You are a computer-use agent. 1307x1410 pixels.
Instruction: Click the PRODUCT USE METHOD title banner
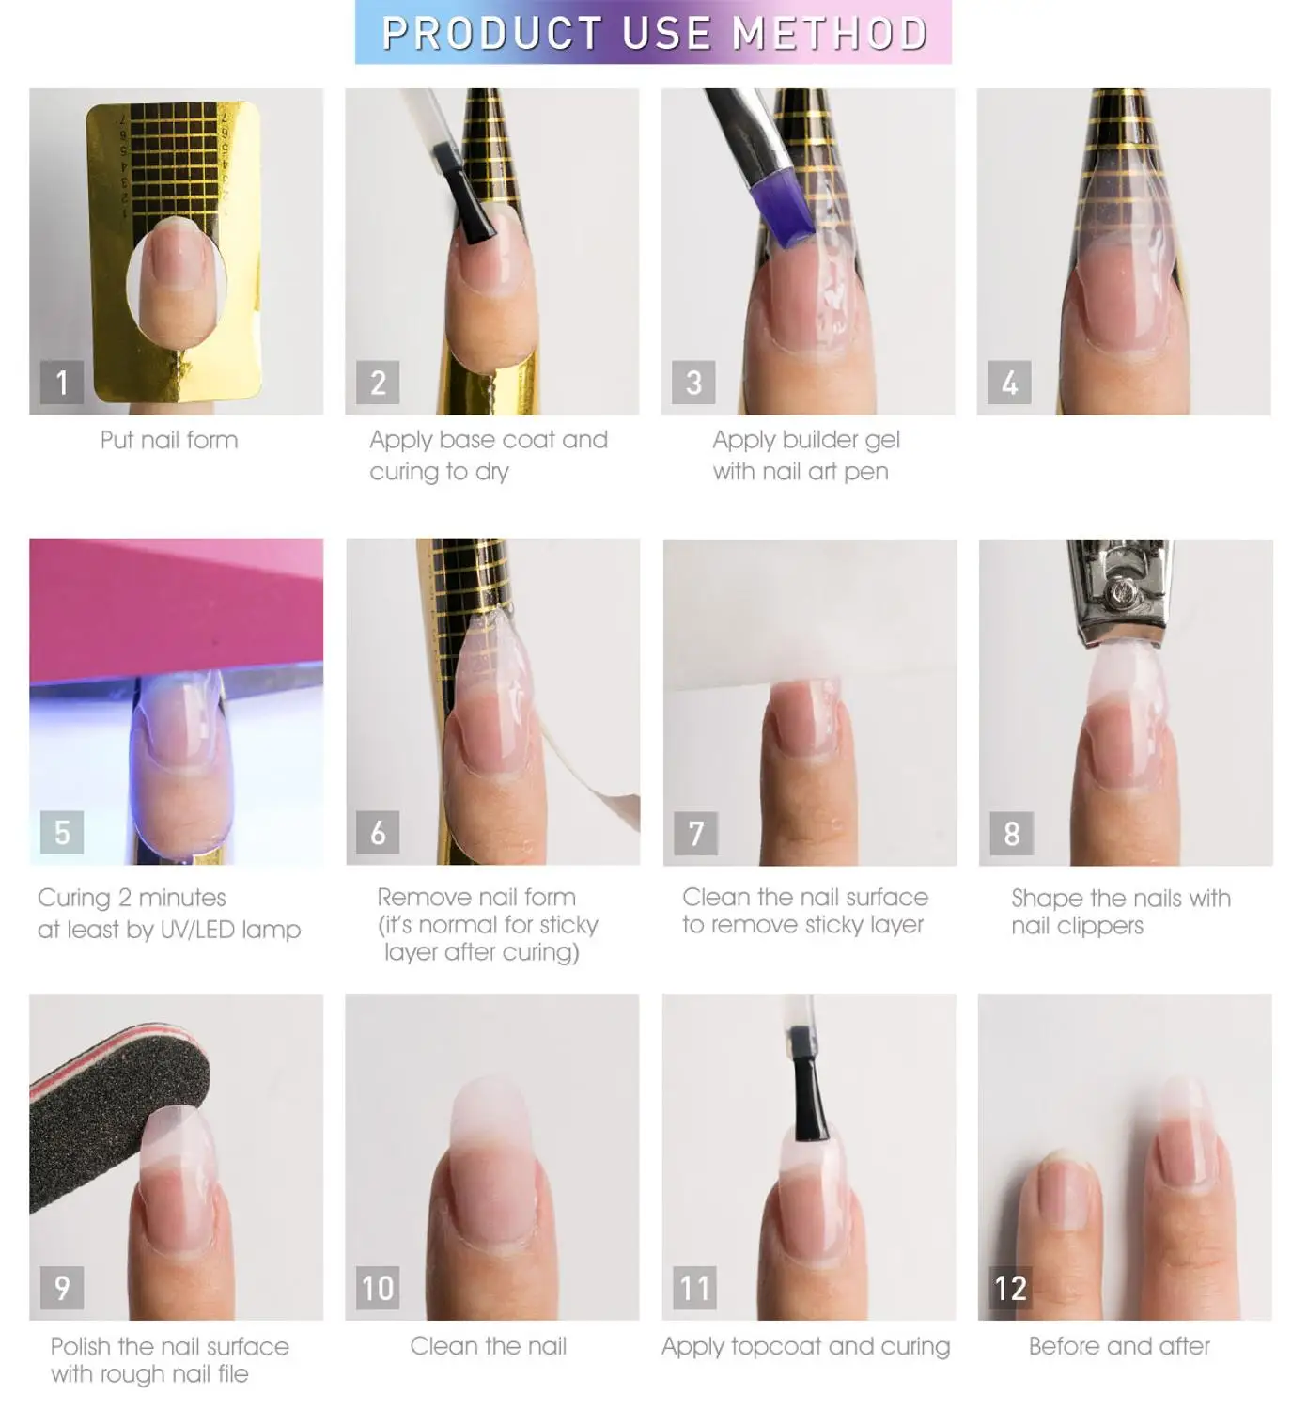[x=653, y=33]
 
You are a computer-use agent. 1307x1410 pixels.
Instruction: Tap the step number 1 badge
[x=62, y=383]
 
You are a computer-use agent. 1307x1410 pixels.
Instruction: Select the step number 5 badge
[x=62, y=832]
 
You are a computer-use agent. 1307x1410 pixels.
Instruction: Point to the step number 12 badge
[x=1010, y=1287]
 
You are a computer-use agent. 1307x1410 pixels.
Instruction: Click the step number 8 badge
[x=1011, y=833]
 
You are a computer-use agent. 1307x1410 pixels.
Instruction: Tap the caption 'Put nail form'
[x=169, y=440]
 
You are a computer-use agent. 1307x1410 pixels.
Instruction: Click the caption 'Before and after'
[x=1119, y=1346]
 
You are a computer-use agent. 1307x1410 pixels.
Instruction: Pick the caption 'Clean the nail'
[x=488, y=1346]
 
